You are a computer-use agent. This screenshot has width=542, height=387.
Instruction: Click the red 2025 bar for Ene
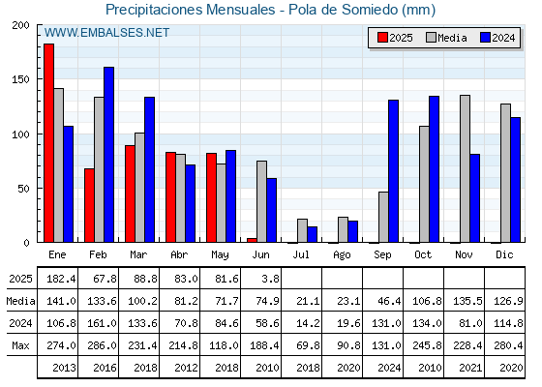48,143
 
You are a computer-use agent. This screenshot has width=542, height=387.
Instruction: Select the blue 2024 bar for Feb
108,155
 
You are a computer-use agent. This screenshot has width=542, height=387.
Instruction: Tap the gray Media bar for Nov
465,168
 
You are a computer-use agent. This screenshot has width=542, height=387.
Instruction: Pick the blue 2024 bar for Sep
393,171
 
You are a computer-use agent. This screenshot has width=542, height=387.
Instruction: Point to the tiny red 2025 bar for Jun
252,240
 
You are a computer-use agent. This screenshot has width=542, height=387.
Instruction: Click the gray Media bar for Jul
302,230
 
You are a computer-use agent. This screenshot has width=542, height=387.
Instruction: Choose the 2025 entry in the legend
395,38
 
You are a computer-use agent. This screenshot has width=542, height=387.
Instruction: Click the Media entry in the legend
446,38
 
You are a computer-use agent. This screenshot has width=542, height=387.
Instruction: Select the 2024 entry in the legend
497,38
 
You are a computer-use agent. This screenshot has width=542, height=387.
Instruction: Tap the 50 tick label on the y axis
24,189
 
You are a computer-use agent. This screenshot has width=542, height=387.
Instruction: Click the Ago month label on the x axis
342,255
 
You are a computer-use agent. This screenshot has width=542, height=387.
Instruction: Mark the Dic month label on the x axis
504,254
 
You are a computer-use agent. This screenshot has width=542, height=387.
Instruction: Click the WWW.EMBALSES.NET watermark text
106,33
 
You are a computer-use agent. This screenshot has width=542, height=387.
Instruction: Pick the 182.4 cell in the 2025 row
61,279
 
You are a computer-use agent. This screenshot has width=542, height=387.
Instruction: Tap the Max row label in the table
20,345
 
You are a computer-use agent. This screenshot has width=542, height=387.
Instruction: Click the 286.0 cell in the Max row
102,345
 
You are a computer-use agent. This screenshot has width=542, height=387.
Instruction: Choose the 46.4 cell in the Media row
389,301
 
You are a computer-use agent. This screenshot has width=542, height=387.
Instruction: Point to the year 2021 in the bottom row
470,368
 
